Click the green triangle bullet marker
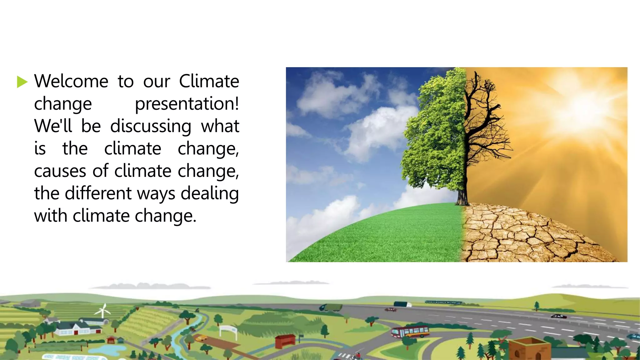point(22,82)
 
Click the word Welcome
point(71,81)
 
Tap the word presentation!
point(187,104)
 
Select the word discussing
point(151,126)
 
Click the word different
point(98,193)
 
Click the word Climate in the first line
point(209,81)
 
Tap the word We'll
point(53,126)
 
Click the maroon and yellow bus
point(410,332)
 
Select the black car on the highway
point(558,316)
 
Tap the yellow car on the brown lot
point(201,338)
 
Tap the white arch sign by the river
point(228,330)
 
